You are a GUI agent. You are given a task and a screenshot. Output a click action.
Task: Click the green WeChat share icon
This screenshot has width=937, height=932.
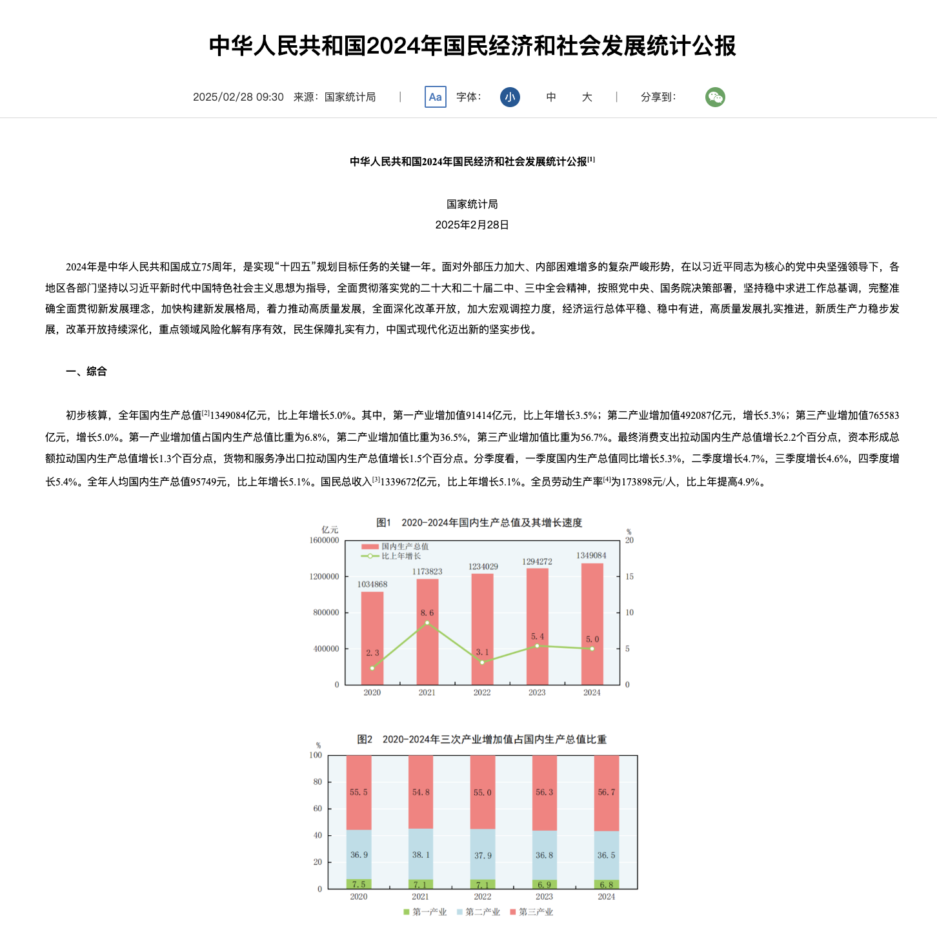(715, 97)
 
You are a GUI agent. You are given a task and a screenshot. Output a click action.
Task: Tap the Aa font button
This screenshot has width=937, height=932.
(436, 97)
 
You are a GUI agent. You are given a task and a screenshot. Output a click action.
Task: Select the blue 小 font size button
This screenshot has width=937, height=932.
(510, 97)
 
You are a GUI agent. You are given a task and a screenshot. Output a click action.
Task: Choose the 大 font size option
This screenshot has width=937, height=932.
(587, 97)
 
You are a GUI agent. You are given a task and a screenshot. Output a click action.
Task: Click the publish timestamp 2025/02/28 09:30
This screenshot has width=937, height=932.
(238, 97)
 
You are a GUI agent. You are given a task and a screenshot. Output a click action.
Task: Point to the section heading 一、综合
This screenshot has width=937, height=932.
(86, 371)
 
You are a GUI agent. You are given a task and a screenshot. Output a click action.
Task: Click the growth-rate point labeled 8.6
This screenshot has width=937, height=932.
(427, 623)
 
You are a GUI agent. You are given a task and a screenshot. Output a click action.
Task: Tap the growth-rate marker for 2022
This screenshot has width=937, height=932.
(482, 662)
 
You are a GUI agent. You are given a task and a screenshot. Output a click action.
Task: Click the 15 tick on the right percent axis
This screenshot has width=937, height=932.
(629, 576)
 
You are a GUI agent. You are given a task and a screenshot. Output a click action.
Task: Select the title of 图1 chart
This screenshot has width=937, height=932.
(479, 522)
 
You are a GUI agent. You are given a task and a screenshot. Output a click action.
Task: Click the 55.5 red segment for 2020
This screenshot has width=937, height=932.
(359, 793)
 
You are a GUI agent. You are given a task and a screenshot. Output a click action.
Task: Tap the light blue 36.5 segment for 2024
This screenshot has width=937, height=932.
(607, 855)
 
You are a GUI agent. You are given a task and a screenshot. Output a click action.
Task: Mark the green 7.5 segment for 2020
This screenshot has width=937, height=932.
(359, 884)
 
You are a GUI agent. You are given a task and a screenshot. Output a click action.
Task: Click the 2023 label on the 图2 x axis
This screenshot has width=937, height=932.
(544, 897)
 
